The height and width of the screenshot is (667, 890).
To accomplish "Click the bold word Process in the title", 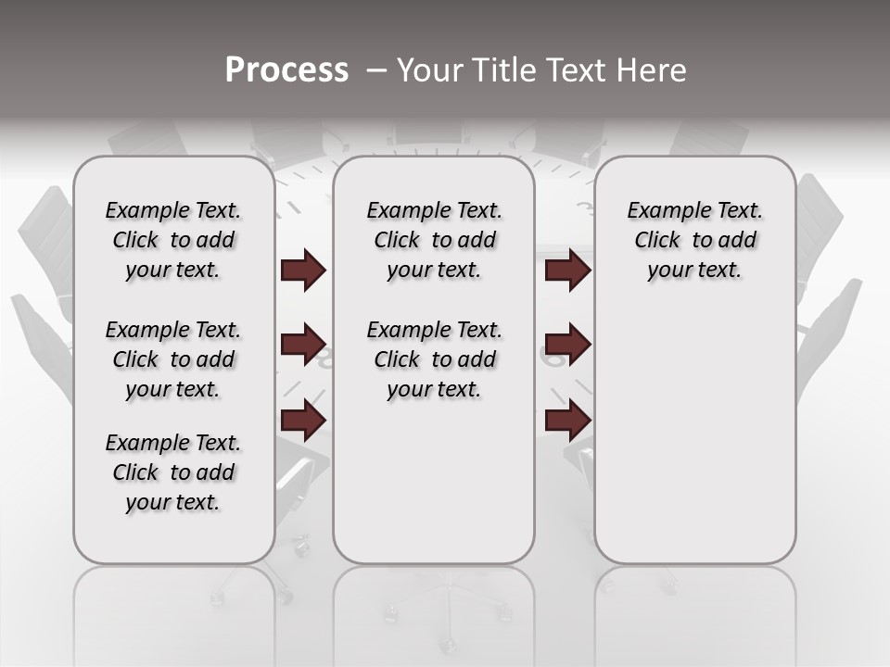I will tap(286, 70).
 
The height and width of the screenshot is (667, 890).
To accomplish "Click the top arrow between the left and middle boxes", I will tap(302, 271).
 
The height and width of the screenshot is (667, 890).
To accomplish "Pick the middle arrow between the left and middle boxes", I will tap(302, 346).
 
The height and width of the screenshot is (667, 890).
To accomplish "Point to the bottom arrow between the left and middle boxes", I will tap(302, 422).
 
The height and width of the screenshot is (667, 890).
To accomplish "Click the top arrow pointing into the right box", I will tap(567, 271).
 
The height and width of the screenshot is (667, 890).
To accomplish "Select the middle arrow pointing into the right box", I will tap(567, 345).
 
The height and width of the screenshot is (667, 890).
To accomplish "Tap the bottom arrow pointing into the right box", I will tap(567, 422).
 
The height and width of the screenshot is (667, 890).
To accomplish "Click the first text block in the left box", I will tap(173, 241).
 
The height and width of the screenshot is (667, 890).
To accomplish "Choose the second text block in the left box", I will tap(173, 359).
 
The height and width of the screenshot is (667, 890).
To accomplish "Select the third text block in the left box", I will tap(173, 472).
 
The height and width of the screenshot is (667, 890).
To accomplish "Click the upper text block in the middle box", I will tap(434, 241).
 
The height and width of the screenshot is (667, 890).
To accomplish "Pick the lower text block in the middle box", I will tap(434, 359).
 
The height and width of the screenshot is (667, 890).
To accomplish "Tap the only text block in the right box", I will tap(694, 241).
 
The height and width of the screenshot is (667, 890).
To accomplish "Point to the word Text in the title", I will tap(581, 70).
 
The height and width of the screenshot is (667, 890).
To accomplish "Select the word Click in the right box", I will tap(657, 241).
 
